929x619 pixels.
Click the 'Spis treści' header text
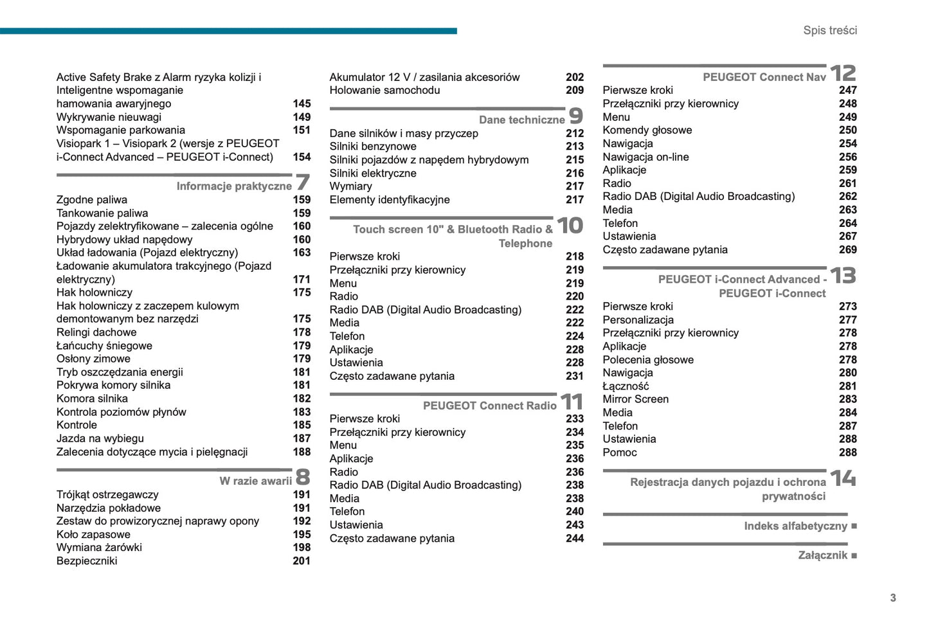(x=829, y=30)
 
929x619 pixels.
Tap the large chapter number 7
(x=302, y=183)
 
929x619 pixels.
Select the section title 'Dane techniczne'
(x=521, y=120)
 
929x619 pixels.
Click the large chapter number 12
(x=843, y=73)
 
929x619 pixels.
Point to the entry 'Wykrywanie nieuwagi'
(x=109, y=117)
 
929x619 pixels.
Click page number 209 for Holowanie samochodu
(x=575, y=91)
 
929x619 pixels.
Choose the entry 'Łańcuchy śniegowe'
(x=104, y=346)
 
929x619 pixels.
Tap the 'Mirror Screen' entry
(x=635, y=399)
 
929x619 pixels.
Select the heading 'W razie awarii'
(x=255, y=481)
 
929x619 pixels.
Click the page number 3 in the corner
(x=892, y=598)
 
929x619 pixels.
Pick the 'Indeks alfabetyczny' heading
(x=795, y=526)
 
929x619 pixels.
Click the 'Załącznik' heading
(x=822, y=555)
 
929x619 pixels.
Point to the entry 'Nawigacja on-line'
(x=645, y=157)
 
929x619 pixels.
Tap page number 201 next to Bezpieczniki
(x=302, y=561)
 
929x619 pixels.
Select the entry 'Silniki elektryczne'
(x=373, y=174)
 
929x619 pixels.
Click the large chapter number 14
(x=843, y=478)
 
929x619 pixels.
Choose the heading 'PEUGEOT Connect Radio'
(x=489, y=406)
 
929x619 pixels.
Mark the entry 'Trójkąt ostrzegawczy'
(x=107, y=495)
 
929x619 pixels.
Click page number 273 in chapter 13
(x=847, y=307)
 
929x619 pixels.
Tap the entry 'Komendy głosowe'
(x=647, y=130)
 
